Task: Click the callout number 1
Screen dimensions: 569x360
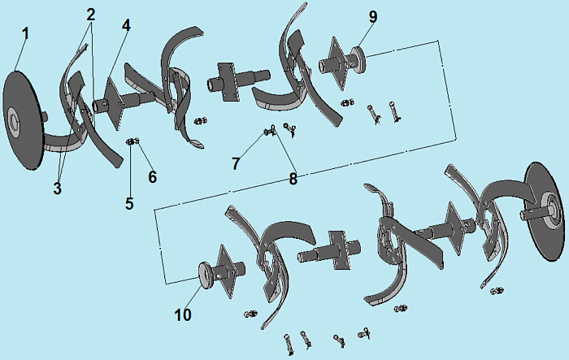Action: (25, 34)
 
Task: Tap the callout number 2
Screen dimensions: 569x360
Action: (91, 15)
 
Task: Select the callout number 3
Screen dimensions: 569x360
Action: (58, 189)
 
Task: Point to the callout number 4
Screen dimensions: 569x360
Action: (126, 25)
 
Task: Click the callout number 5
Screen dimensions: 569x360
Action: (129, 204)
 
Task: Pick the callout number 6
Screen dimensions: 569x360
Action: (153, 176)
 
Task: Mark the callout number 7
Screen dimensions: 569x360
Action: (236, 163)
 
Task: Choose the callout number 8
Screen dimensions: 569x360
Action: (293, 179)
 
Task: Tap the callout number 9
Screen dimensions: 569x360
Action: (373, 17)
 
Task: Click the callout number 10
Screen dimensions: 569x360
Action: (183, 315)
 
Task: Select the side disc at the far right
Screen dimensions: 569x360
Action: (546, 211)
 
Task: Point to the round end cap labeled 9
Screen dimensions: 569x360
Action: (358, 59)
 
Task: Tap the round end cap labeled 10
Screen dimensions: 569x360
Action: (206, 275)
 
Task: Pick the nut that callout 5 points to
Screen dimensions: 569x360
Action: (129, 141)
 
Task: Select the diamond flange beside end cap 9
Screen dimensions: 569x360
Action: (337, 64)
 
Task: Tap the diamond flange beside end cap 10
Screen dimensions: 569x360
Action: (224, 271)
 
